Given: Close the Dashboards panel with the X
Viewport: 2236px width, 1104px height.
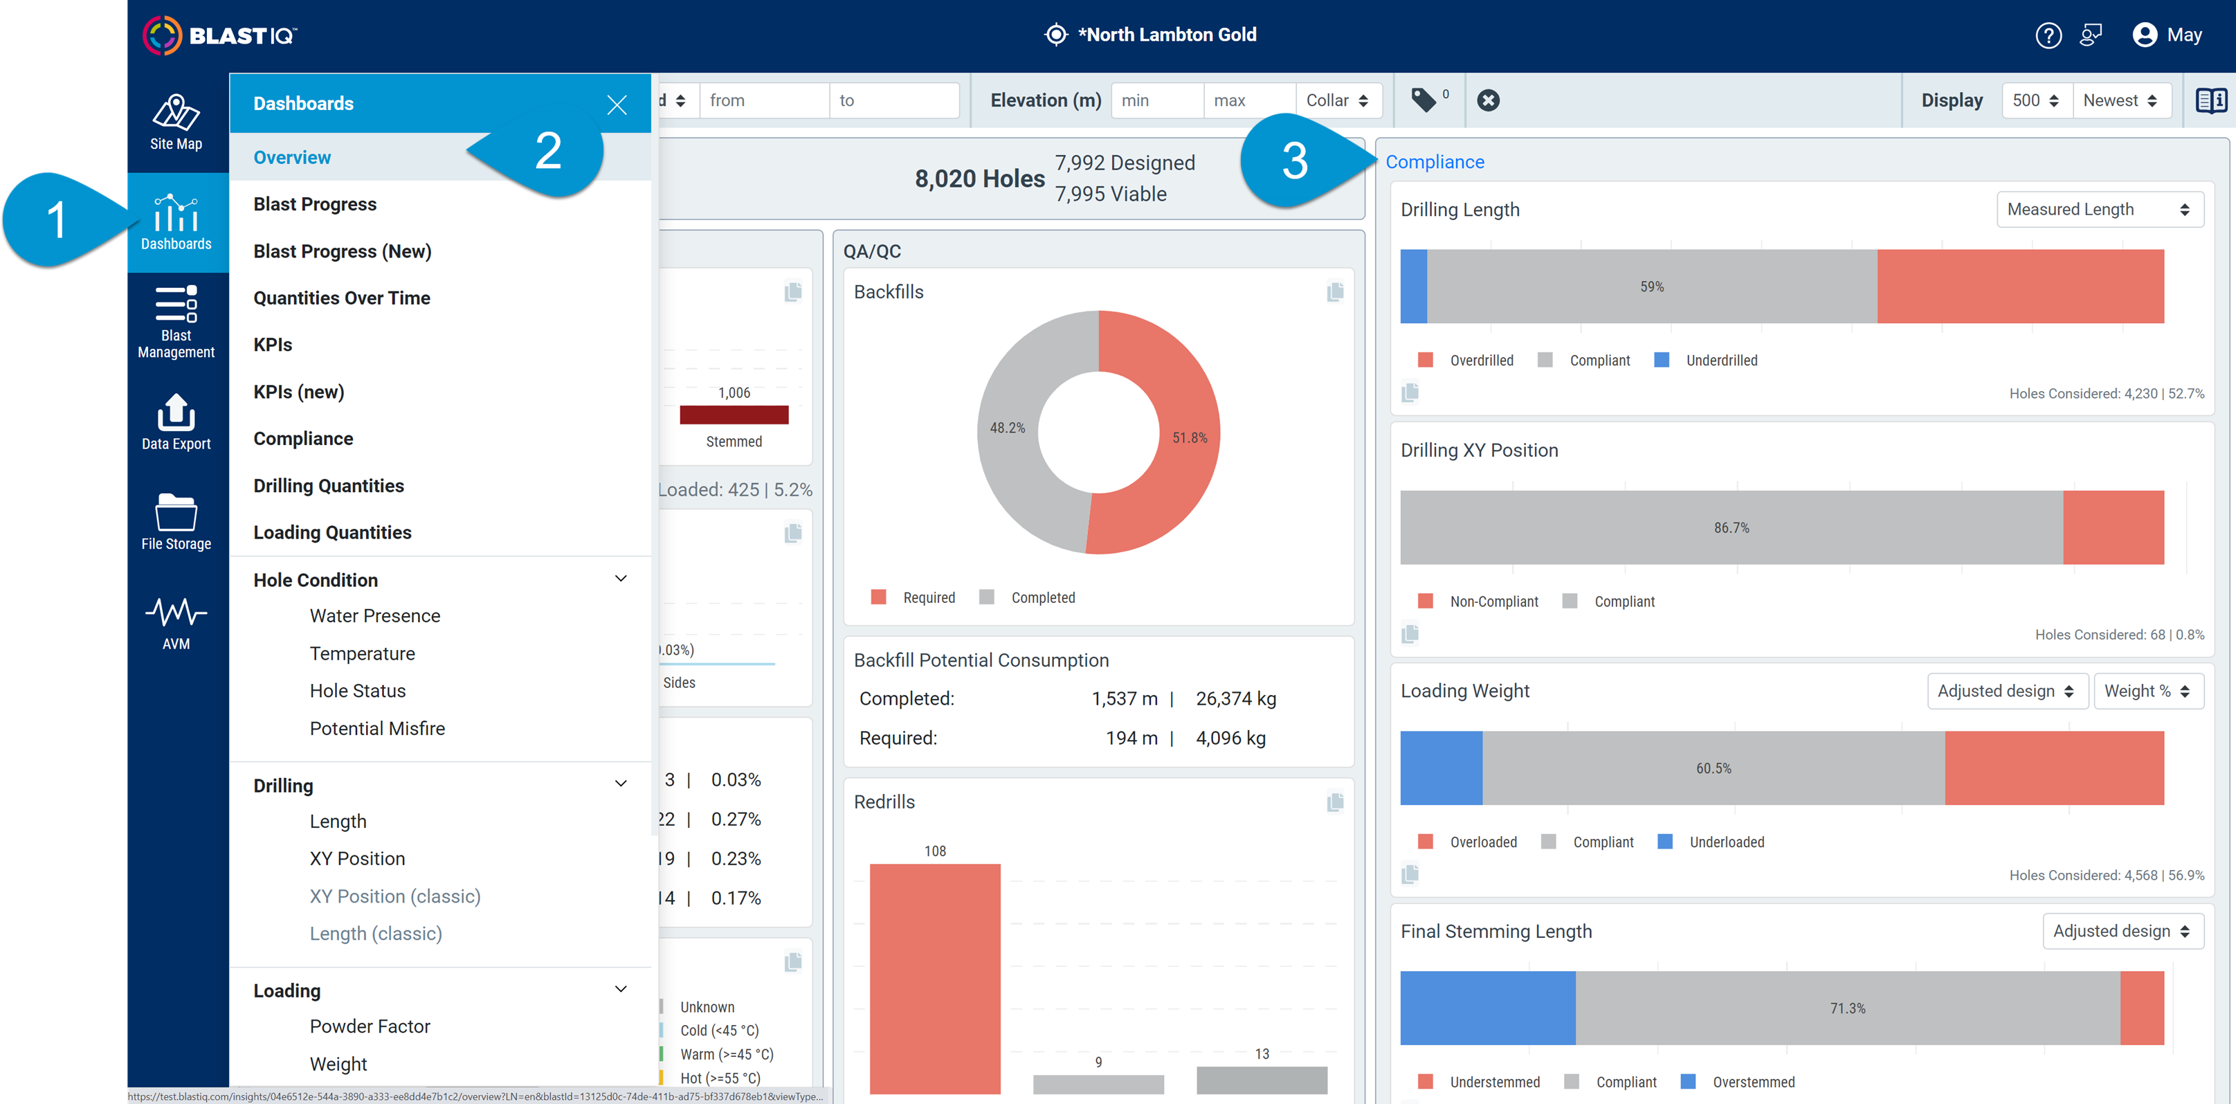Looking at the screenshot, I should (x=617, y=105).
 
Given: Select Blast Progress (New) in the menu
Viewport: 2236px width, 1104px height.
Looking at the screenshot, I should (x=342, y=252).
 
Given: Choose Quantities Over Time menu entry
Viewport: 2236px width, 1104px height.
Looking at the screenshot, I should (x=341, y=298).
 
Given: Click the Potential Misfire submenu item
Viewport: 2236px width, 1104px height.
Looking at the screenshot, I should (x=376, y=729).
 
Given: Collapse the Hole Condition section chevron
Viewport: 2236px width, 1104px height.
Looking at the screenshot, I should (x=621, y=579).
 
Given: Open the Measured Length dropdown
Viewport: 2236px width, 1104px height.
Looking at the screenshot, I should (x=2098, y=210).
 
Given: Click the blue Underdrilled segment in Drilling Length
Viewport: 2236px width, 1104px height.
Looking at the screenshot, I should (x=1413, y=287).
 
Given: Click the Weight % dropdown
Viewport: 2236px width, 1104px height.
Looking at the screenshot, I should (x=2147, y=691).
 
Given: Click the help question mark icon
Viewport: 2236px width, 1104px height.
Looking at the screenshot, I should (x=2048, y=35).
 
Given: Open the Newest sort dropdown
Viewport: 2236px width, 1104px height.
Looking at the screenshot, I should (x=2120, y=100).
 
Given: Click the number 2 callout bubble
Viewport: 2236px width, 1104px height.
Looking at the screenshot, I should (x=547, y=152).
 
